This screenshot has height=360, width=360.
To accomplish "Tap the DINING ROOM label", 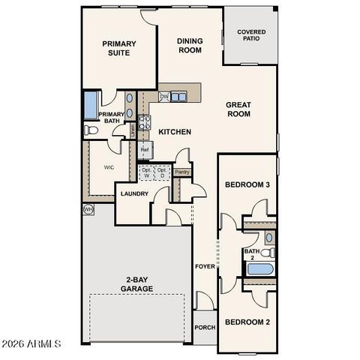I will (x=190, y=45).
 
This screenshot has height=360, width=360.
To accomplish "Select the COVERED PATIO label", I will (x=251, y=35).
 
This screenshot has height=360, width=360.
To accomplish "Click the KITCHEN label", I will (x=175, y=132).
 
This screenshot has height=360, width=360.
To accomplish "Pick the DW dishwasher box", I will (x=163, y=97).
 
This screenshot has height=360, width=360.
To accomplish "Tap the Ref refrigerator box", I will (x=145, y=150).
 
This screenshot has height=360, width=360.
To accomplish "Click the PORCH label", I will (x=205, y=327).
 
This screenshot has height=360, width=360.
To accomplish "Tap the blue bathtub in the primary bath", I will (x=90, y=105).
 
